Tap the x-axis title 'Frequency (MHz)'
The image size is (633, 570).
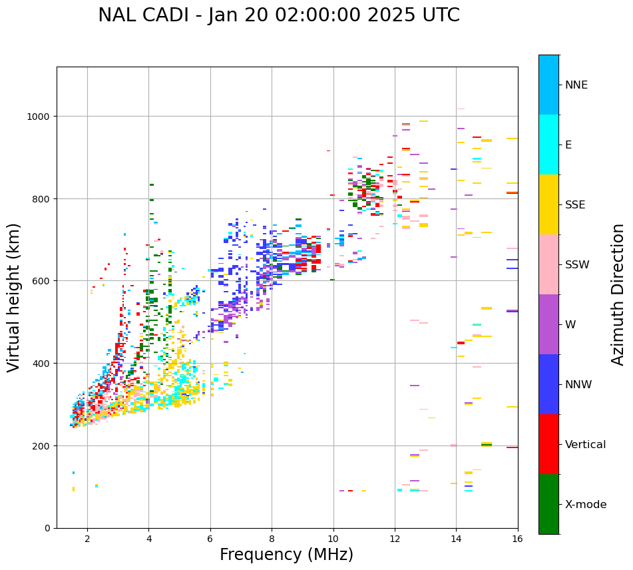click(x=286, y=555)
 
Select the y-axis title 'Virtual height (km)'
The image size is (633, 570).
click(x=14, y=298)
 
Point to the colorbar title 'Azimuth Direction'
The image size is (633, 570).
click(x=618, y=294)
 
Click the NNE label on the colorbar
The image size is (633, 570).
click(x=576, y=85)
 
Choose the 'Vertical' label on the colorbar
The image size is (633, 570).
click(x=586, y=444)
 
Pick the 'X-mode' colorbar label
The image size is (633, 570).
click(x=586, y=504)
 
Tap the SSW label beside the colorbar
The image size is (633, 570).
click(x=577, y=264)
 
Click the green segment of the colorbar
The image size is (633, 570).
click(x=548, y=504)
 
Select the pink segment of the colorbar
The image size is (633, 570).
click(x=548, y=264)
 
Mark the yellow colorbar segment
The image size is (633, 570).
click(x=548, y=204)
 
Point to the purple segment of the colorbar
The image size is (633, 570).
click(x=548, y=324)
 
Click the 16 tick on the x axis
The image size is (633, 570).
click(x=517, y=539)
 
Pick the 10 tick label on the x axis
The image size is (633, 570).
click(x=333, y=539)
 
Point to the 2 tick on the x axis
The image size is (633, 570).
click(x=87, y=539)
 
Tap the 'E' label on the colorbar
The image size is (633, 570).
click(x=568, y=144)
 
